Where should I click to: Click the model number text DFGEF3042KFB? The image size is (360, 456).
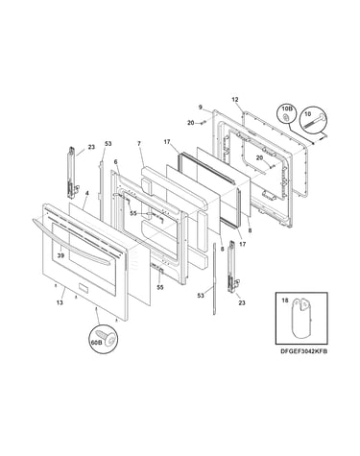[x=303, y=351]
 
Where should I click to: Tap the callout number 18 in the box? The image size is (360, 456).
[x=285, y=300]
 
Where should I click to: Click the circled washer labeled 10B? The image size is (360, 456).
[x=286, y=116]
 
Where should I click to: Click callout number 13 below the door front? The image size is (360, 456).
[x=60, y=302]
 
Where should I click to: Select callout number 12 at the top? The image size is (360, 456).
[x=235, y=100]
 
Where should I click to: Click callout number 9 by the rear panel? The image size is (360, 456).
[x=201, y=108]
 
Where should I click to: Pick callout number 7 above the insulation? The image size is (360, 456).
[x=139, y=144]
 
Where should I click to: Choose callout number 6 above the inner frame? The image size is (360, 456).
[x=115, y=162]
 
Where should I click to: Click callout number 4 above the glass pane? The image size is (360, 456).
[x=87, y=193]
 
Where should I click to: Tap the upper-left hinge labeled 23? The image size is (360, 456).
[x=72, y=173]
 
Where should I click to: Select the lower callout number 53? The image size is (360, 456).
[x=201, y=296]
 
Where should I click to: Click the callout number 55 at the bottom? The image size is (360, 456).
[x=160, y=287]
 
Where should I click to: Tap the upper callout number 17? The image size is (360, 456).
[x=167, y=142]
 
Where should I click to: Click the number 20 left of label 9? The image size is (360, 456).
[x=191, y=123]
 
